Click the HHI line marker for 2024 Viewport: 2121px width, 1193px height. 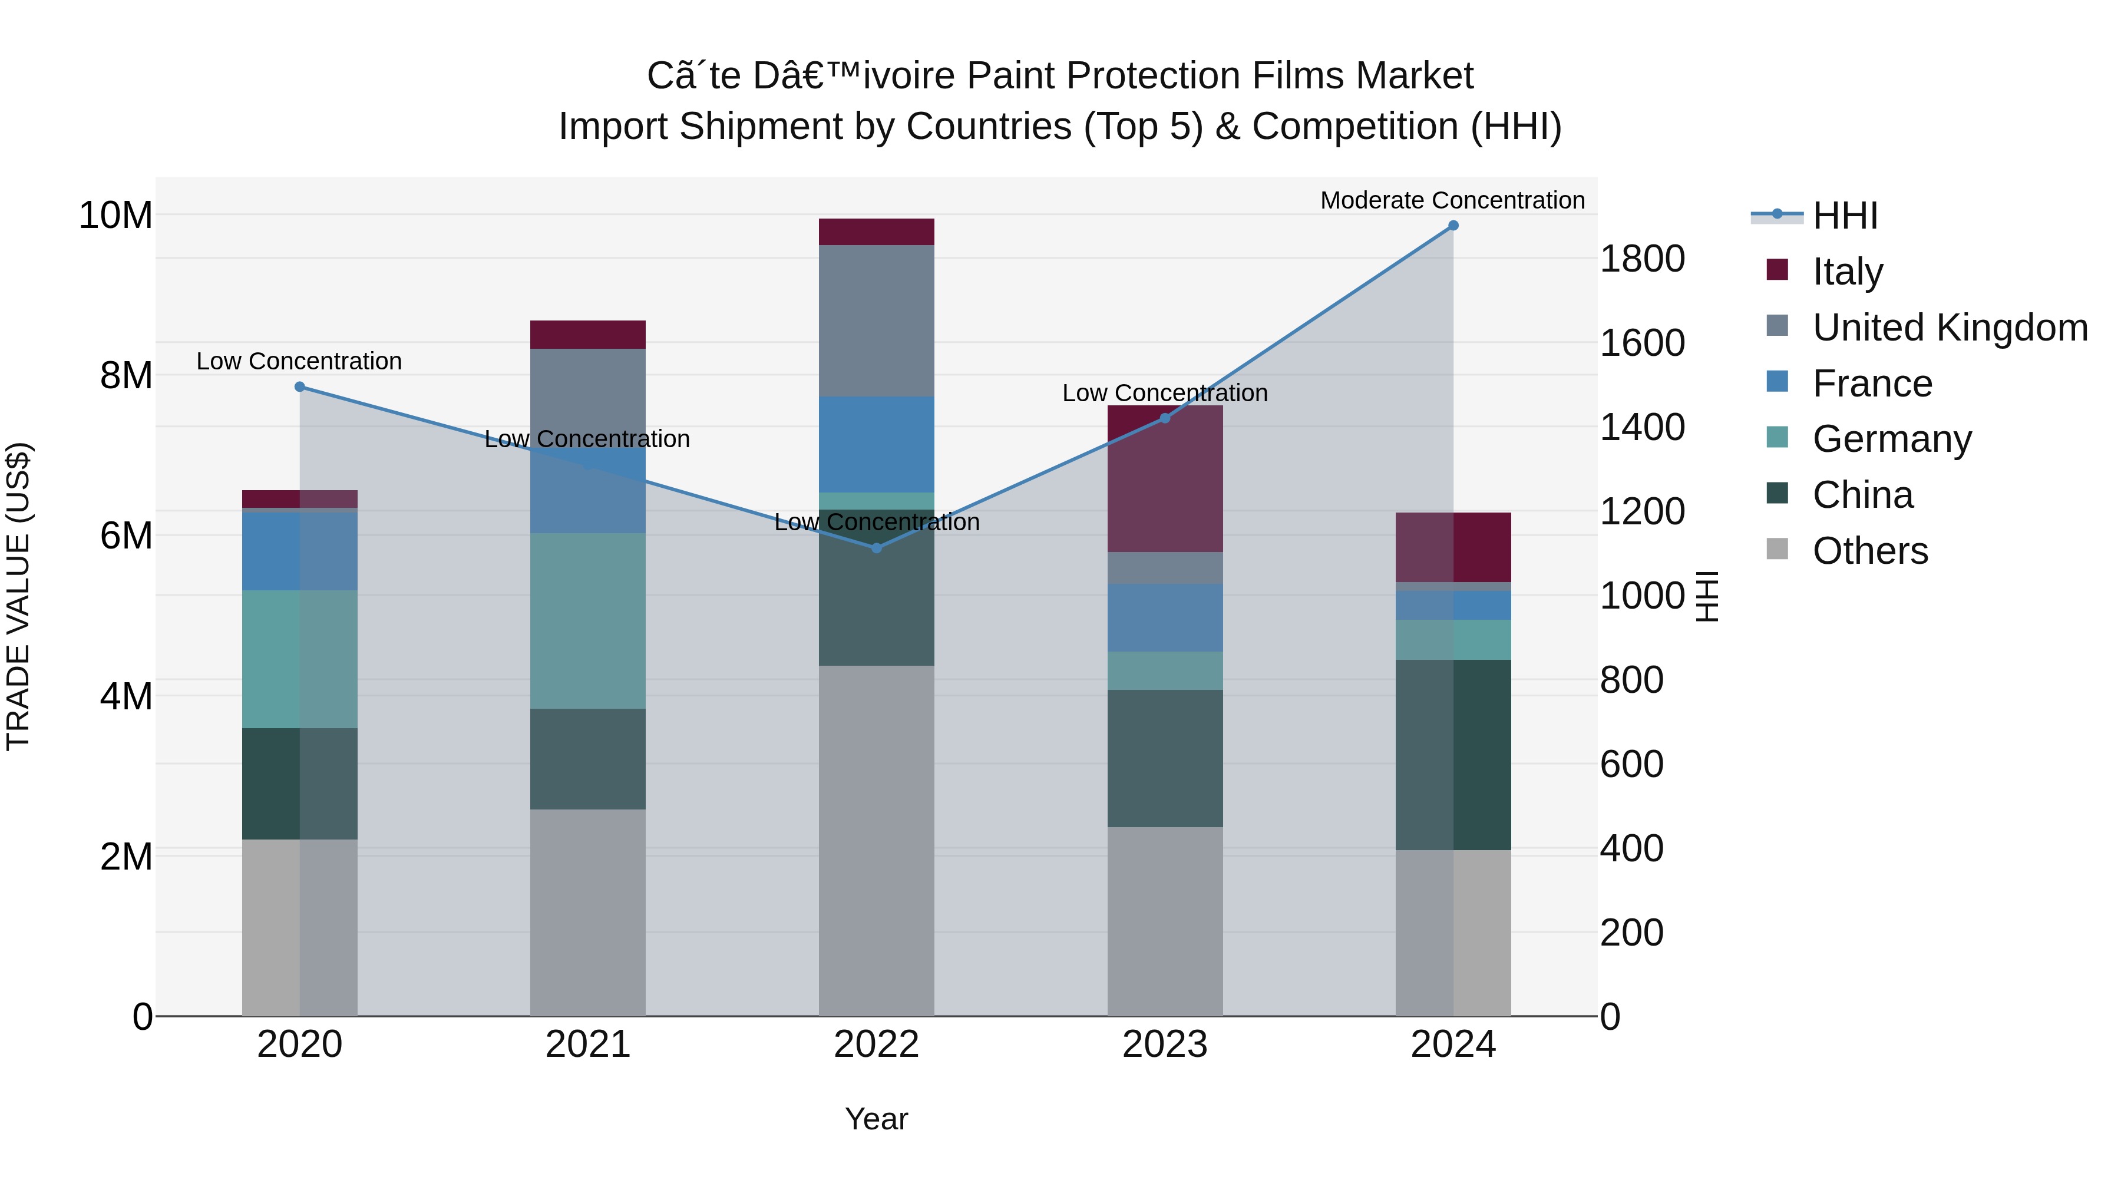point(1453,226)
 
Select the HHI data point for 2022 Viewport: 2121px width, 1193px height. point(876,547)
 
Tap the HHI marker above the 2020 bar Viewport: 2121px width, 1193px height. point(300,387)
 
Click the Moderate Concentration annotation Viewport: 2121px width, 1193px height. point(1452,201)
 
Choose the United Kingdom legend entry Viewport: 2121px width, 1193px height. point(1949,327)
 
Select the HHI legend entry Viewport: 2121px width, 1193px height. point(1844,215)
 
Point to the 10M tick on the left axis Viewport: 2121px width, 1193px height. point(115,216)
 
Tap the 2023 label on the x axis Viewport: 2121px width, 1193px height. point(1164,1044)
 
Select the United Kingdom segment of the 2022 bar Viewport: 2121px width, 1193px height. point(876,321)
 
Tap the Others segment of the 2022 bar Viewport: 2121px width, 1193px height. point(876,840)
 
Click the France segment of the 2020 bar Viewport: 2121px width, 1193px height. point(300,551)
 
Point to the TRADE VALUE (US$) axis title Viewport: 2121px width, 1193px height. point(19,596)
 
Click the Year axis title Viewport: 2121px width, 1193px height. point(876,1119)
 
